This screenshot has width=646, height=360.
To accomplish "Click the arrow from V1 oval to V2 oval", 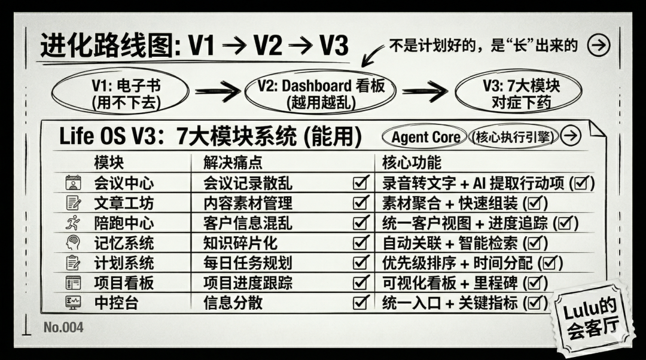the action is tap(217, 91).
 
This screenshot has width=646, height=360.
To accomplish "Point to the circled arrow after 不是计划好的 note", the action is tap(598, 45).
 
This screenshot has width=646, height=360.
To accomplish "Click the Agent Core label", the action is tap(425, 137).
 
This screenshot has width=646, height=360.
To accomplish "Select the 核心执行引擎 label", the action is tap(513, 137).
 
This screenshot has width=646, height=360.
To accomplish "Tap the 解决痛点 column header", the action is tap(233, 163).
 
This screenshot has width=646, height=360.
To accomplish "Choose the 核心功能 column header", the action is tap(412, 163).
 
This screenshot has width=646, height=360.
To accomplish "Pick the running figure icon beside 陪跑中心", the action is tap(73, 223).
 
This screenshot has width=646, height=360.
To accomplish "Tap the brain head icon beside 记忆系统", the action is tap(73, 243).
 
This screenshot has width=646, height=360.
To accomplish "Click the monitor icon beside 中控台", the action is tap(73, 303).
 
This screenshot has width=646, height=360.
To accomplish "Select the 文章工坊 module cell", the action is tap(124, 203).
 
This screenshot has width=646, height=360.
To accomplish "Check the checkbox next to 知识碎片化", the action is tap(361, 243).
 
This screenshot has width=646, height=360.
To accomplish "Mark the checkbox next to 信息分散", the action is tap(361, 303).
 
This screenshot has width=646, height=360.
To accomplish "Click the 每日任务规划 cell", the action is tap(248, 263).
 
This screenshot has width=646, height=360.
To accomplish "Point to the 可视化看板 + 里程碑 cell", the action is tap(465, 283).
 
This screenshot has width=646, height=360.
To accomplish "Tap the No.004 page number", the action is tap(63, 328).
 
